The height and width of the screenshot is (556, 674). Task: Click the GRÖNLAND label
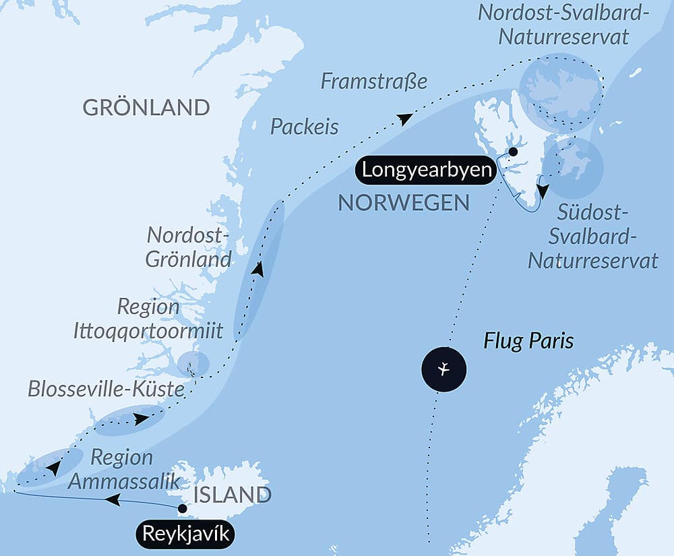[x=146, y=107]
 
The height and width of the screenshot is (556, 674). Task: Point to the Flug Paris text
[x=528, y=341]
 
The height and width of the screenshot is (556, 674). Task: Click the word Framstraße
[x=374, y=82]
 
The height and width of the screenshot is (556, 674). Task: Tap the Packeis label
[x=305, y=127]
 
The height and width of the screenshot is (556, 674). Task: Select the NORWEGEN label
[x=404, y=203]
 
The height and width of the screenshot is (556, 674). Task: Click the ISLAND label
[x=232, y=495]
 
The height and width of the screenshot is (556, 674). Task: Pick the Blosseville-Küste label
[x=106, y=389]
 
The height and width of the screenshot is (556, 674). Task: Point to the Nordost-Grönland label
[x=189, y=247]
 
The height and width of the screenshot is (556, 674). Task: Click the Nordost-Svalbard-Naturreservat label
[x=563, y=24]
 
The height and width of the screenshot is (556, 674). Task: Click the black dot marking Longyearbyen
[x=513, y=152]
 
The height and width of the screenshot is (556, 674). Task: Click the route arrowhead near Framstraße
[x=404, y=119]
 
